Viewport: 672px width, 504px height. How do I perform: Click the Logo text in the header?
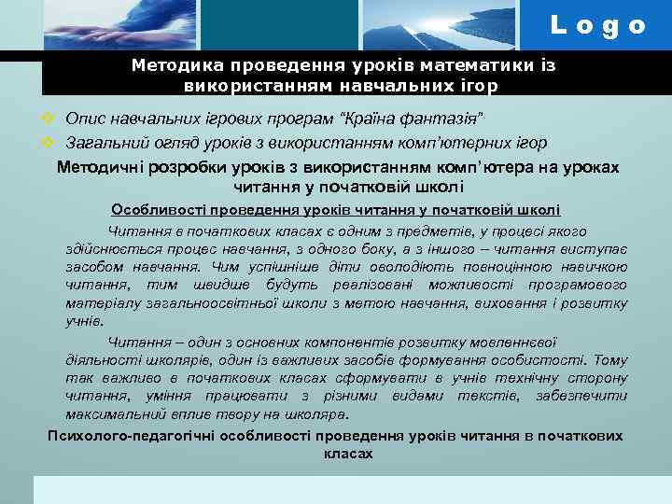pos(597,26)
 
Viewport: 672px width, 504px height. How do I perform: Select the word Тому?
pos(609,359)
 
